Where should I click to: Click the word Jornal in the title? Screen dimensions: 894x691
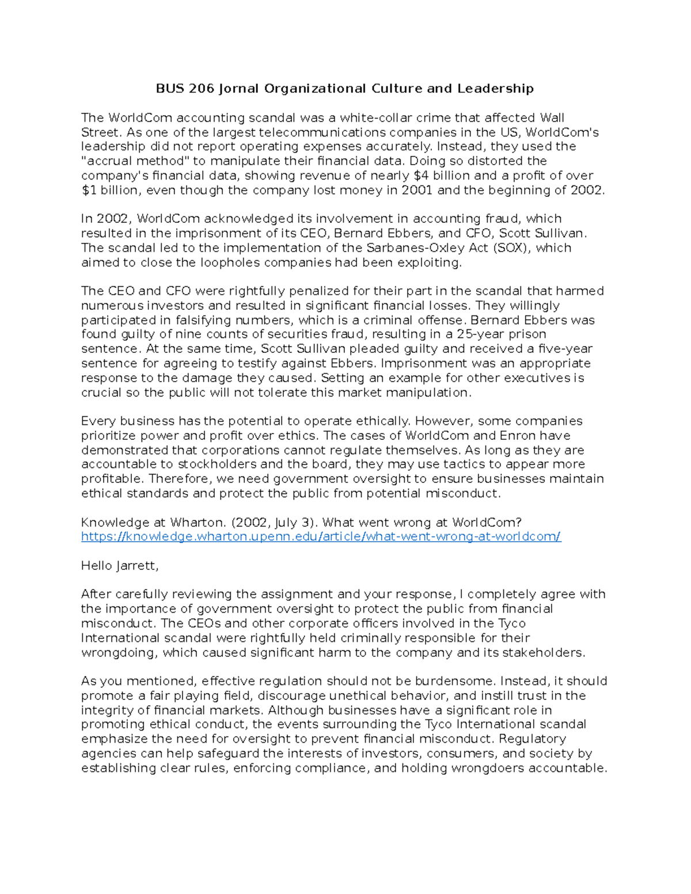(x=238, y=89)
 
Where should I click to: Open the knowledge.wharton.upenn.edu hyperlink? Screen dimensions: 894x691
(x=321, y=537)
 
